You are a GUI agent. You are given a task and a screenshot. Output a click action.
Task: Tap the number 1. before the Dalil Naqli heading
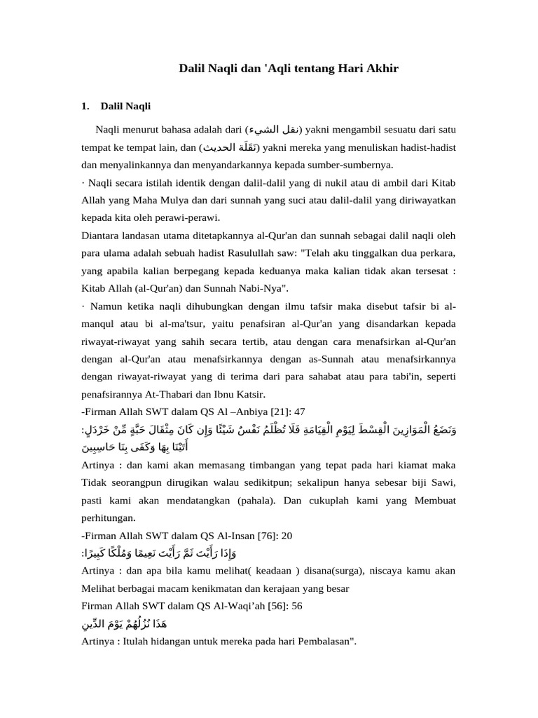pyautogui.click(x=86, y=107)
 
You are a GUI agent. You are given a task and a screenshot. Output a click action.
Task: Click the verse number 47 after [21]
pyautogui.click(x=299, y=411)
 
